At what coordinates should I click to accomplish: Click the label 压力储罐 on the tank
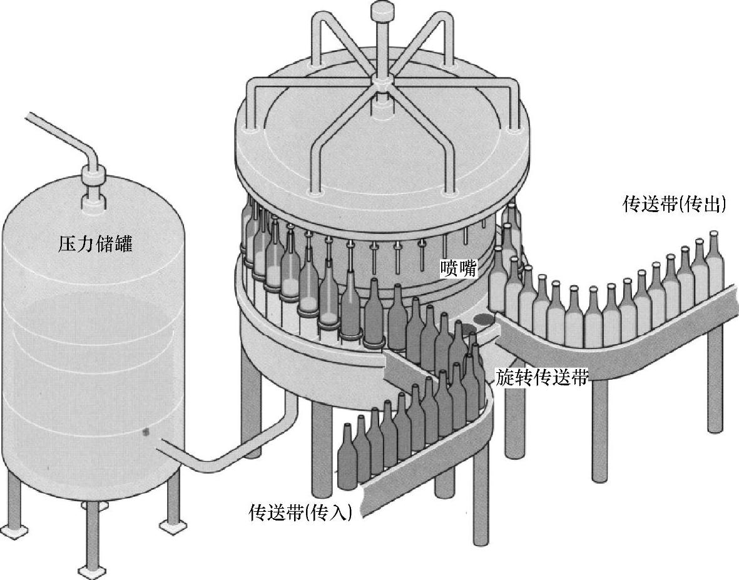pos(95,244)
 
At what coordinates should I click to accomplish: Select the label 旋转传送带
pos(542,377)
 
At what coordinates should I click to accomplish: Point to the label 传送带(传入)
pos(300,512)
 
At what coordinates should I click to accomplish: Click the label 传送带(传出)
pos(674,205)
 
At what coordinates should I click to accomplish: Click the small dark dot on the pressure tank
pos(146,430)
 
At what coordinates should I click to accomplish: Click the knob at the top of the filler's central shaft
pos(380,11)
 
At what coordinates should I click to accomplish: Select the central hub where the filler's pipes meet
pos(380,81)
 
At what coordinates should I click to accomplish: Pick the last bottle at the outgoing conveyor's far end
pos(714,263)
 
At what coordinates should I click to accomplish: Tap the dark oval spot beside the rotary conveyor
pos(482,320)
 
